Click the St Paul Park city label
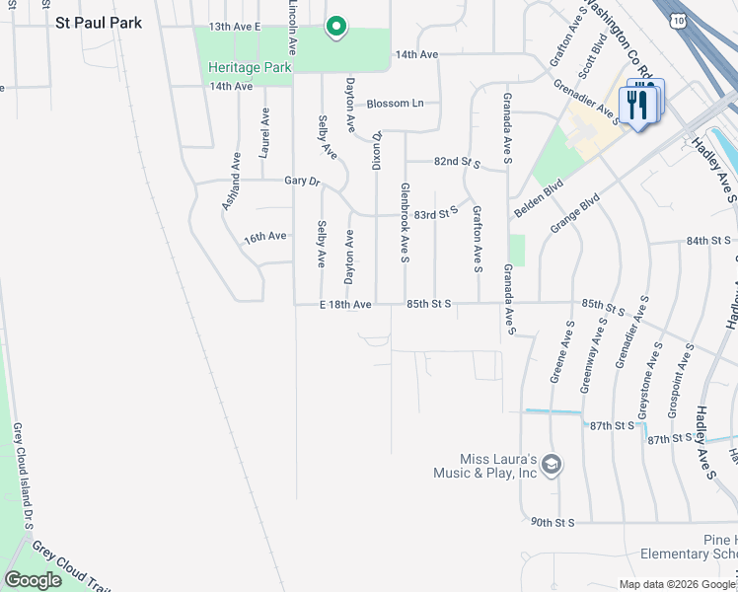point(99,23)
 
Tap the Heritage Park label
point(250,67)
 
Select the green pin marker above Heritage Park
point(335,27)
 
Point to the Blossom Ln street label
point(395,104)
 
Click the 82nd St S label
point(456,162)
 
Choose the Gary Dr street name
point(303,182)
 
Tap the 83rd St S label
point(437,212)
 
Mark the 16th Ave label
point(264,237)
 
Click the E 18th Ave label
point(345,305)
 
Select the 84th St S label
point(708,241)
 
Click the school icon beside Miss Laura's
point(553,464)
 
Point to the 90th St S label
point(552,521)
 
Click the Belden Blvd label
point(539,199)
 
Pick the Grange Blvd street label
point(575,214)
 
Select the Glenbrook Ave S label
point(405,223)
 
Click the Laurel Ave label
point(264,133)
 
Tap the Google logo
point(33,580)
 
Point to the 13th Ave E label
point(235,27)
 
